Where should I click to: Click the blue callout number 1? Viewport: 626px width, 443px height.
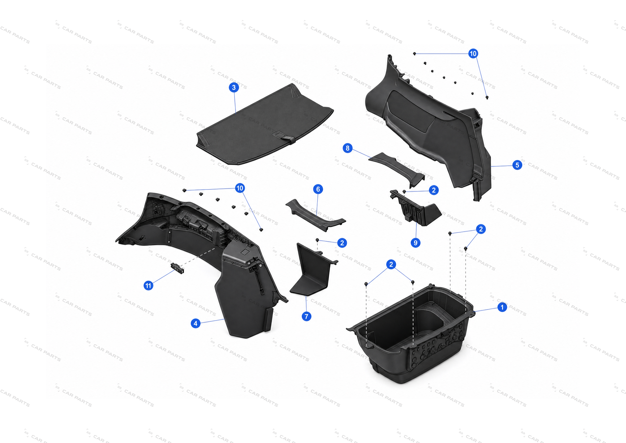(502, 307)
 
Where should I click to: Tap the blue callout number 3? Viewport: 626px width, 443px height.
(234, 88)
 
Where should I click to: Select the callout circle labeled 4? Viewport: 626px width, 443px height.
(196, 323)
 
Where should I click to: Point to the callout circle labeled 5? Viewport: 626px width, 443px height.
(517, 165)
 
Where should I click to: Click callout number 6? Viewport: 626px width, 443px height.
(318, 189)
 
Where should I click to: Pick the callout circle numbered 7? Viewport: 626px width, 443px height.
(307, 316)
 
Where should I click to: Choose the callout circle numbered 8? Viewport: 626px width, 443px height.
(347, 148)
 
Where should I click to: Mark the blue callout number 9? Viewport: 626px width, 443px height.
(415, 243)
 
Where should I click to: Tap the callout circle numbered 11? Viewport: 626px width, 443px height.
(148, 285)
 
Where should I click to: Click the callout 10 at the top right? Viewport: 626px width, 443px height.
(473, 53)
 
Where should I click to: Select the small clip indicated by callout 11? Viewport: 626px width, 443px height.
(177, 268)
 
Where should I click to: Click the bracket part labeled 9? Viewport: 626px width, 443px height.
(415, 208)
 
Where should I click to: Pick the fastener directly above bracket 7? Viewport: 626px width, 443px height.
(317, 240)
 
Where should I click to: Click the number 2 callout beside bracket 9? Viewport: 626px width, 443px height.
(434, 190)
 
